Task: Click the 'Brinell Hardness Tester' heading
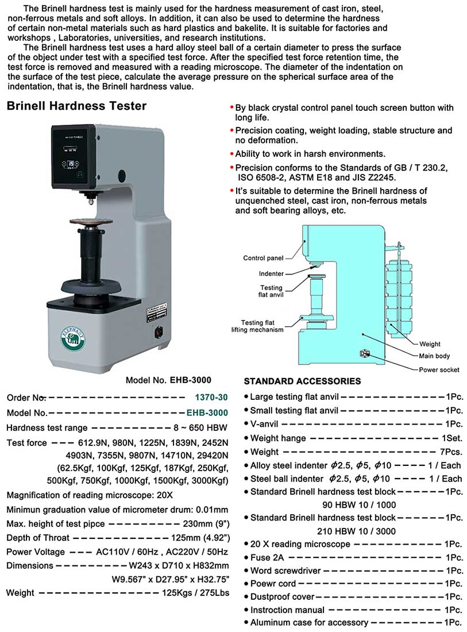[76, 106]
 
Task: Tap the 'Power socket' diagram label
[439, 369]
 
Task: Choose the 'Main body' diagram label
[434, 357]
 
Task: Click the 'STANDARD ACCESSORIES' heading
[302, 381]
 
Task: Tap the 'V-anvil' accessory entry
[264, 424]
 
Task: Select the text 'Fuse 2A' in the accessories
[267, 557]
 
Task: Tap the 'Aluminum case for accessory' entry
[309, 622]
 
